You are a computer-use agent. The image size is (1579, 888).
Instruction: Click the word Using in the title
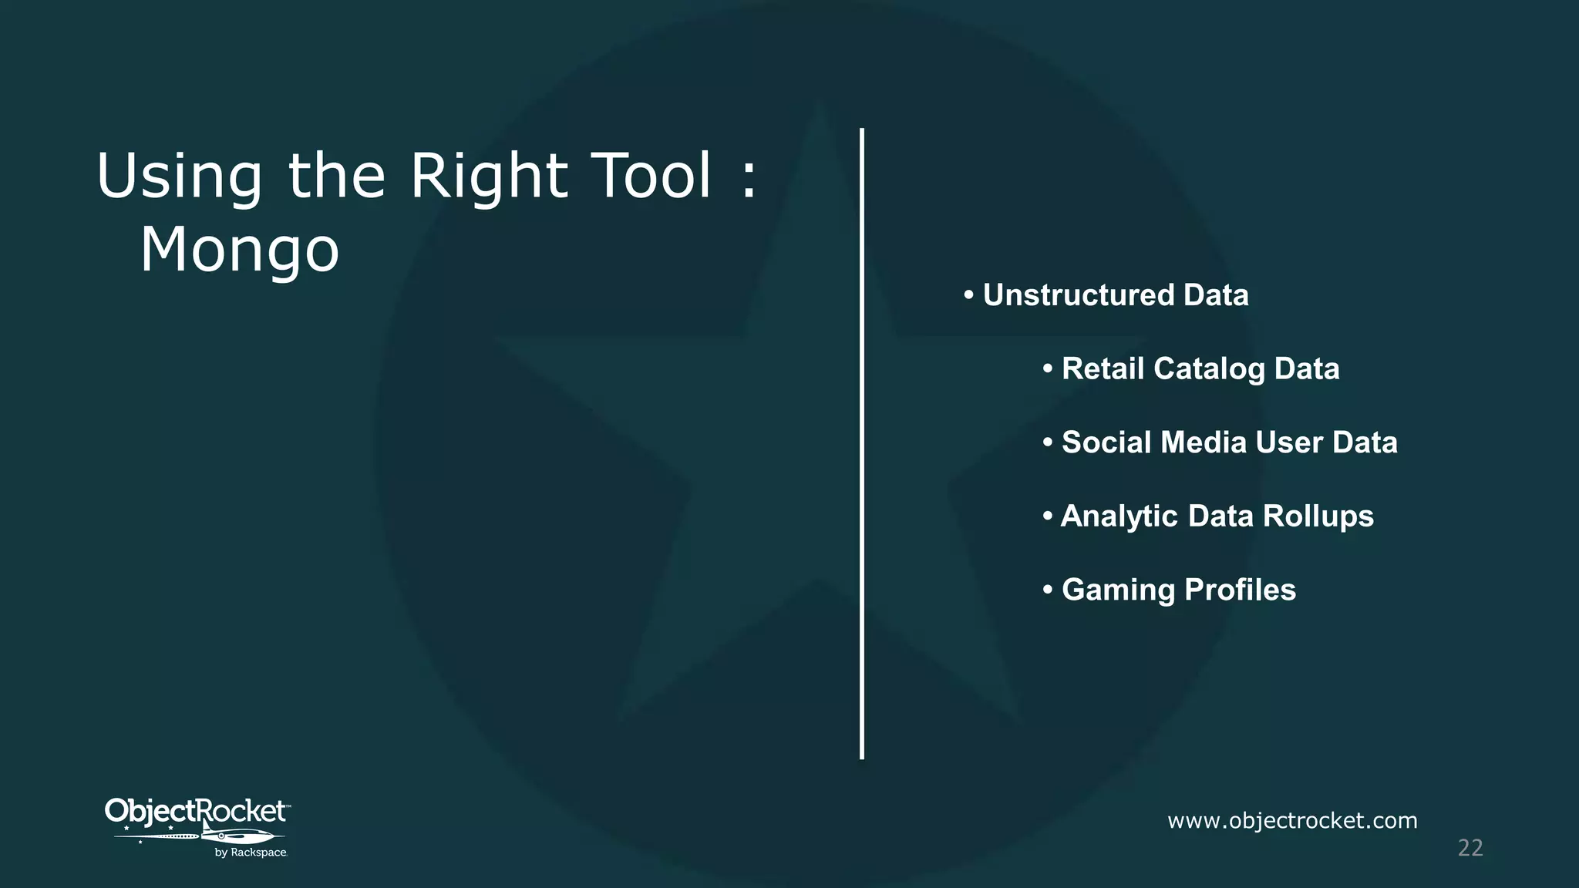tap(179, 177)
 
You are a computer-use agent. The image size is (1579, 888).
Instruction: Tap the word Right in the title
tap(489, 177)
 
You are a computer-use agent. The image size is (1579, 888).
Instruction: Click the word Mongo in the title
tap(239, 251)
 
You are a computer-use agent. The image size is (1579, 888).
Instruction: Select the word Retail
tap(1103, 368)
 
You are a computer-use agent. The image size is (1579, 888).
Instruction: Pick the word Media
tap(1203, 442)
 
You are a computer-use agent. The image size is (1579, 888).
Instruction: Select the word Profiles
tap(1240, 590)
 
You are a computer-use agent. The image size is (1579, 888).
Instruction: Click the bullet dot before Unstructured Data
tap(968, 295)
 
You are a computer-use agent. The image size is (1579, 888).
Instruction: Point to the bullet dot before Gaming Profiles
tap(1048, 590)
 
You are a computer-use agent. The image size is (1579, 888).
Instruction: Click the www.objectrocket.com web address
tap(1292, 821)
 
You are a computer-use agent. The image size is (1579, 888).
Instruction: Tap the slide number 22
tap(1470, 848)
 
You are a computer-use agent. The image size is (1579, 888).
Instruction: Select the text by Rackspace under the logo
tap(251, 853)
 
